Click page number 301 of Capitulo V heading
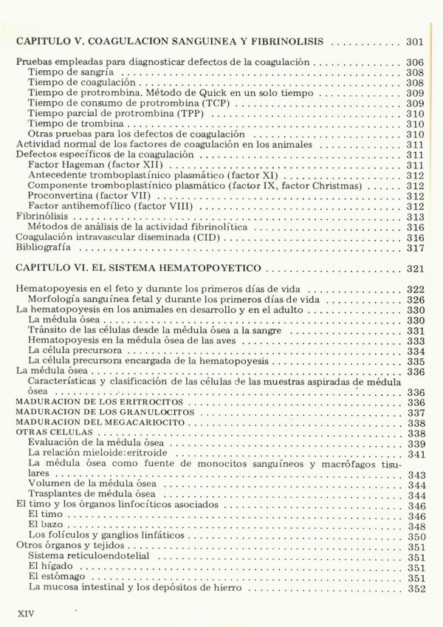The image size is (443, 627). tap(415, 41)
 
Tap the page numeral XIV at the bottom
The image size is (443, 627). tap(25, 612)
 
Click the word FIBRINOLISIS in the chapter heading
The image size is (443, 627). tap(289, 41)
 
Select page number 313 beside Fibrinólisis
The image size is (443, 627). tap(415, 217)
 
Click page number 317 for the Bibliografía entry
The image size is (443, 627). tap(415, 248)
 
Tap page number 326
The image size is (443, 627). tap(415, 300)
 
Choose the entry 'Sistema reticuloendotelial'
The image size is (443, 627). tap(88, 557)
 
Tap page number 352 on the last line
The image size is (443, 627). tap(415, 588)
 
